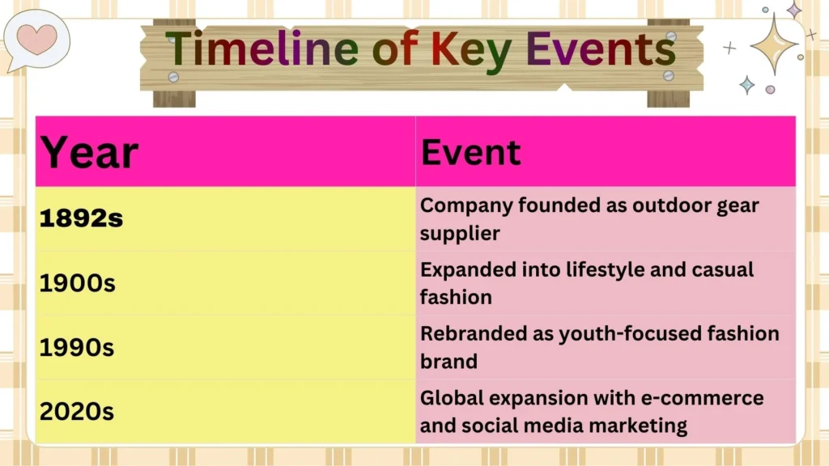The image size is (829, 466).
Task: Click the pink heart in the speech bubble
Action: pos(38,37)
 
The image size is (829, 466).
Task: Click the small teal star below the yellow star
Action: pos(746,85)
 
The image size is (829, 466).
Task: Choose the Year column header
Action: pos(90,152)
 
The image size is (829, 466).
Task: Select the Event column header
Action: pos(471,152)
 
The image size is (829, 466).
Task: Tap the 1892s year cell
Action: pos(82,218)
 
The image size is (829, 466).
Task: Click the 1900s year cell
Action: pos(77,283)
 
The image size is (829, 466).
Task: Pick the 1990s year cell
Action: pos(77,347)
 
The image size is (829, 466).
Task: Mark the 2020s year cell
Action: pos(77,411)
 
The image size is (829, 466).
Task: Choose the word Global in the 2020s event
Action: pos(450,398)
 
